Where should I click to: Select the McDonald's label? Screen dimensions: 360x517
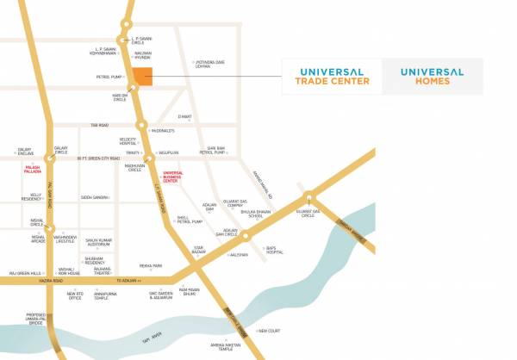click(162, 130)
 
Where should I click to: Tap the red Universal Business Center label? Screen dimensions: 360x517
click(171, 177)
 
